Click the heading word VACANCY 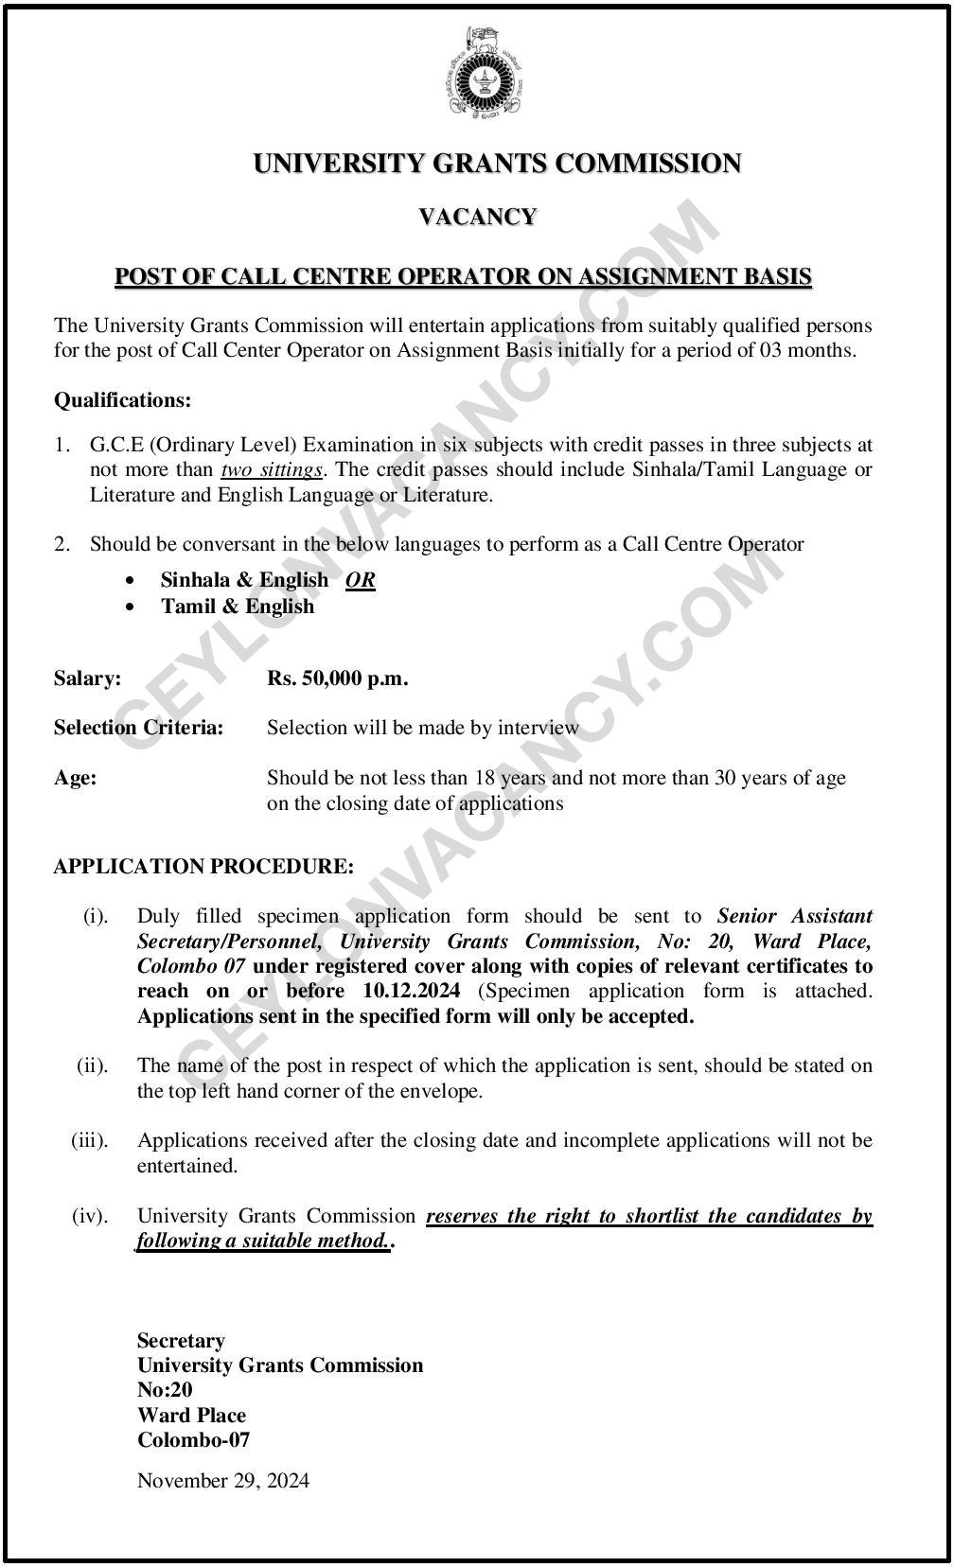[477, 217]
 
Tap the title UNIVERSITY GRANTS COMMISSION [497, 164]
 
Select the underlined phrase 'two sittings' [272, 469]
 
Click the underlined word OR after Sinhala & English [361, 580]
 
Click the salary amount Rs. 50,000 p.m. [337, 678]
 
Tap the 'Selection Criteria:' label [138, 728]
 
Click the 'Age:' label [75, 779]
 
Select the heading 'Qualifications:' [122, 400]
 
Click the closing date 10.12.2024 [411, 991]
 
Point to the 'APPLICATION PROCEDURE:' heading [203, 866]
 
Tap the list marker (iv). [90, 1216]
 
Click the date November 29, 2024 [222, 1481]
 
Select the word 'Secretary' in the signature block [181, 1341]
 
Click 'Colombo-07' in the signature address [193, 1440]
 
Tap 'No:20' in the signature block [165, 1390]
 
